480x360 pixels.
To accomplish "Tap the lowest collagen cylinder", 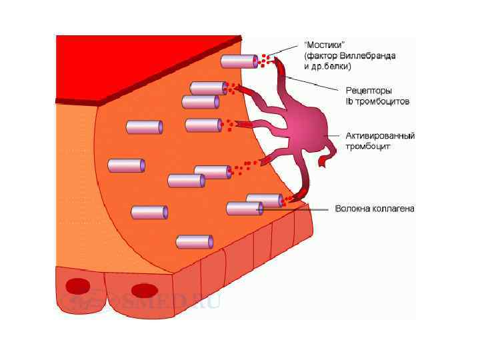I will click(x=194, y=241).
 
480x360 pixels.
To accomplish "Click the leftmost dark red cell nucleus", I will click(x=78, y=285).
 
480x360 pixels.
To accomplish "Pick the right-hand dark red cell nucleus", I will click(x=143, y=290).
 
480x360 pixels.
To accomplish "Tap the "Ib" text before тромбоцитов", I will click(x=348, y=101).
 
